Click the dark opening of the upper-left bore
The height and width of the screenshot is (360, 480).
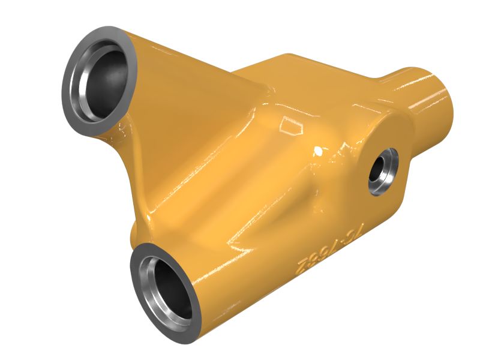coord(106,77)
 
